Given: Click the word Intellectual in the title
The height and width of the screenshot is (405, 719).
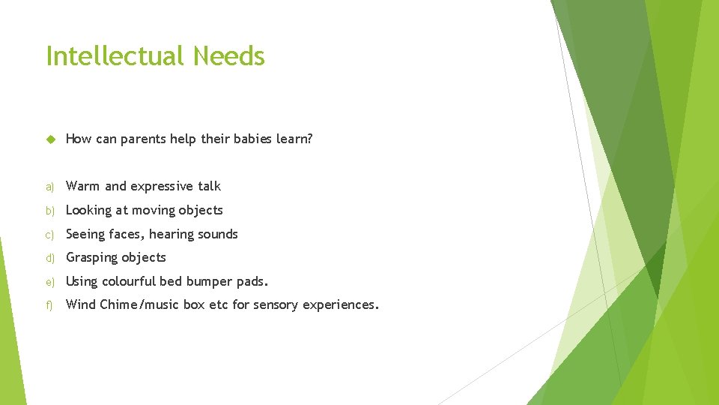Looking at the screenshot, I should coord(115,56).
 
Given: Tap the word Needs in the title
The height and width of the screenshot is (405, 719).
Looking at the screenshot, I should coord(228,56).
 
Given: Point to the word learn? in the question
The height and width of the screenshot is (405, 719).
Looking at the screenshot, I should coord(296,139).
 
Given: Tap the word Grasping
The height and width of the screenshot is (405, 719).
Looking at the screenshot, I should coord(93,258).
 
